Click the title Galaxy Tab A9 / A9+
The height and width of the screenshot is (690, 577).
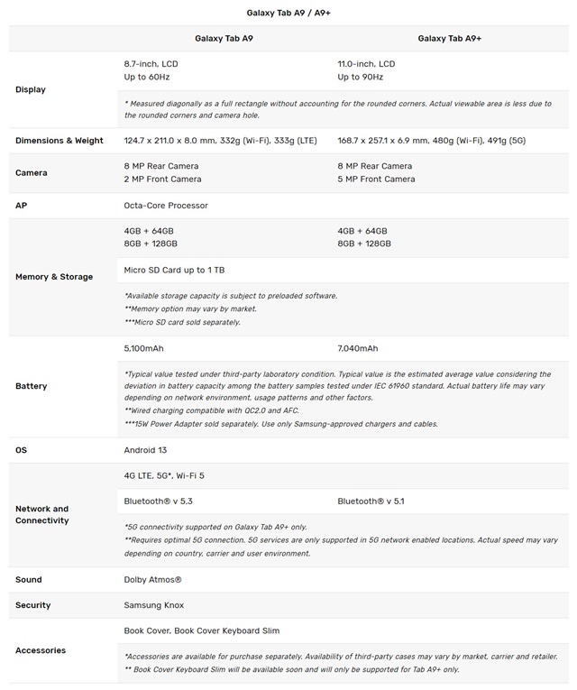288,13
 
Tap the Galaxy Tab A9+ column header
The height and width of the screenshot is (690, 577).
450,39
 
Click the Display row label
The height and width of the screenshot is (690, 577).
31,89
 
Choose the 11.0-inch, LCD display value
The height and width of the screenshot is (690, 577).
366,64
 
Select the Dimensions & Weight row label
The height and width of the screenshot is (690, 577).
60,141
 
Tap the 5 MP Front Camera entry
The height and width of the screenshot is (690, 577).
376,179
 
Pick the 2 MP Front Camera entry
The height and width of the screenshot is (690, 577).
162,179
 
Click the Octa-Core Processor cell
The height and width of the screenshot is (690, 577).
166,206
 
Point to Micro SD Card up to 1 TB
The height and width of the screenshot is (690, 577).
174,270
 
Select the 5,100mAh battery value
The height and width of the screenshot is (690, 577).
144,348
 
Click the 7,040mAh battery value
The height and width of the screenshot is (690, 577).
358,348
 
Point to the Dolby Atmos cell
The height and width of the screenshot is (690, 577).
153,580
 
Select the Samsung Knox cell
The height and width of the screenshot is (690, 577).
154,605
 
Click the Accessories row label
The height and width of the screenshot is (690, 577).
41,650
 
